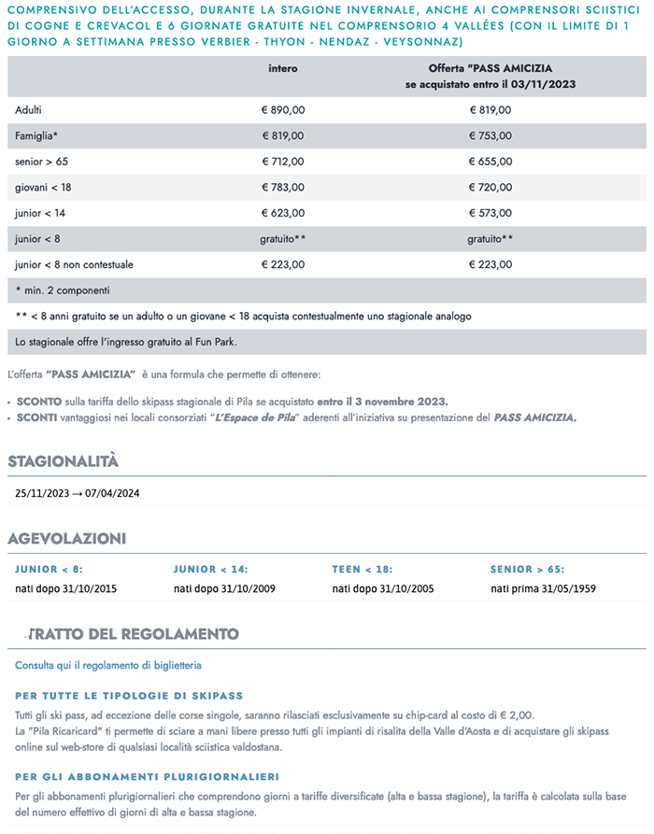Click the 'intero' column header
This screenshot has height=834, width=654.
point(282,69)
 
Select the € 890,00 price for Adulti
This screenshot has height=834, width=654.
point(282,110)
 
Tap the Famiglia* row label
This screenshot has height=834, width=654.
point(36,135)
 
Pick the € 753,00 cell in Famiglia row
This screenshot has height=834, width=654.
point(490,135)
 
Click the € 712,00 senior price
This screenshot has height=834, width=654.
point(282,162)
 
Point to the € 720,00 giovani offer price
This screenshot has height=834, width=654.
point(490,187)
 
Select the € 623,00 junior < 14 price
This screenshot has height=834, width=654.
point(282,213)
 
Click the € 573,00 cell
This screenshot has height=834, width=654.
point(490,213)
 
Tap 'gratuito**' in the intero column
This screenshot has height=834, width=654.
point(282,239)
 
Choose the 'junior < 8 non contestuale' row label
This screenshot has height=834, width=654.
point(74,264)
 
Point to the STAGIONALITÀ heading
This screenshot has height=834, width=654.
point(64,461)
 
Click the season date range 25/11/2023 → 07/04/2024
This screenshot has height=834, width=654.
point(78,492)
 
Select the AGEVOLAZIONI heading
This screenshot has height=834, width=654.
point(66,538)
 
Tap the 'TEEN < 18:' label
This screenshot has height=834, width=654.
point(362,569)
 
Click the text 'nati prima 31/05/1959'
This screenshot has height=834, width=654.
point(543,588)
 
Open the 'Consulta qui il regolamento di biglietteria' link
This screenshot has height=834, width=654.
point(108,665)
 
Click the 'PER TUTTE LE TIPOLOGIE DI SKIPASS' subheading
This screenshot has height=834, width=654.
point(129,696)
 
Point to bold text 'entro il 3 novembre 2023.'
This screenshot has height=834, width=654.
point(389,401)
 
